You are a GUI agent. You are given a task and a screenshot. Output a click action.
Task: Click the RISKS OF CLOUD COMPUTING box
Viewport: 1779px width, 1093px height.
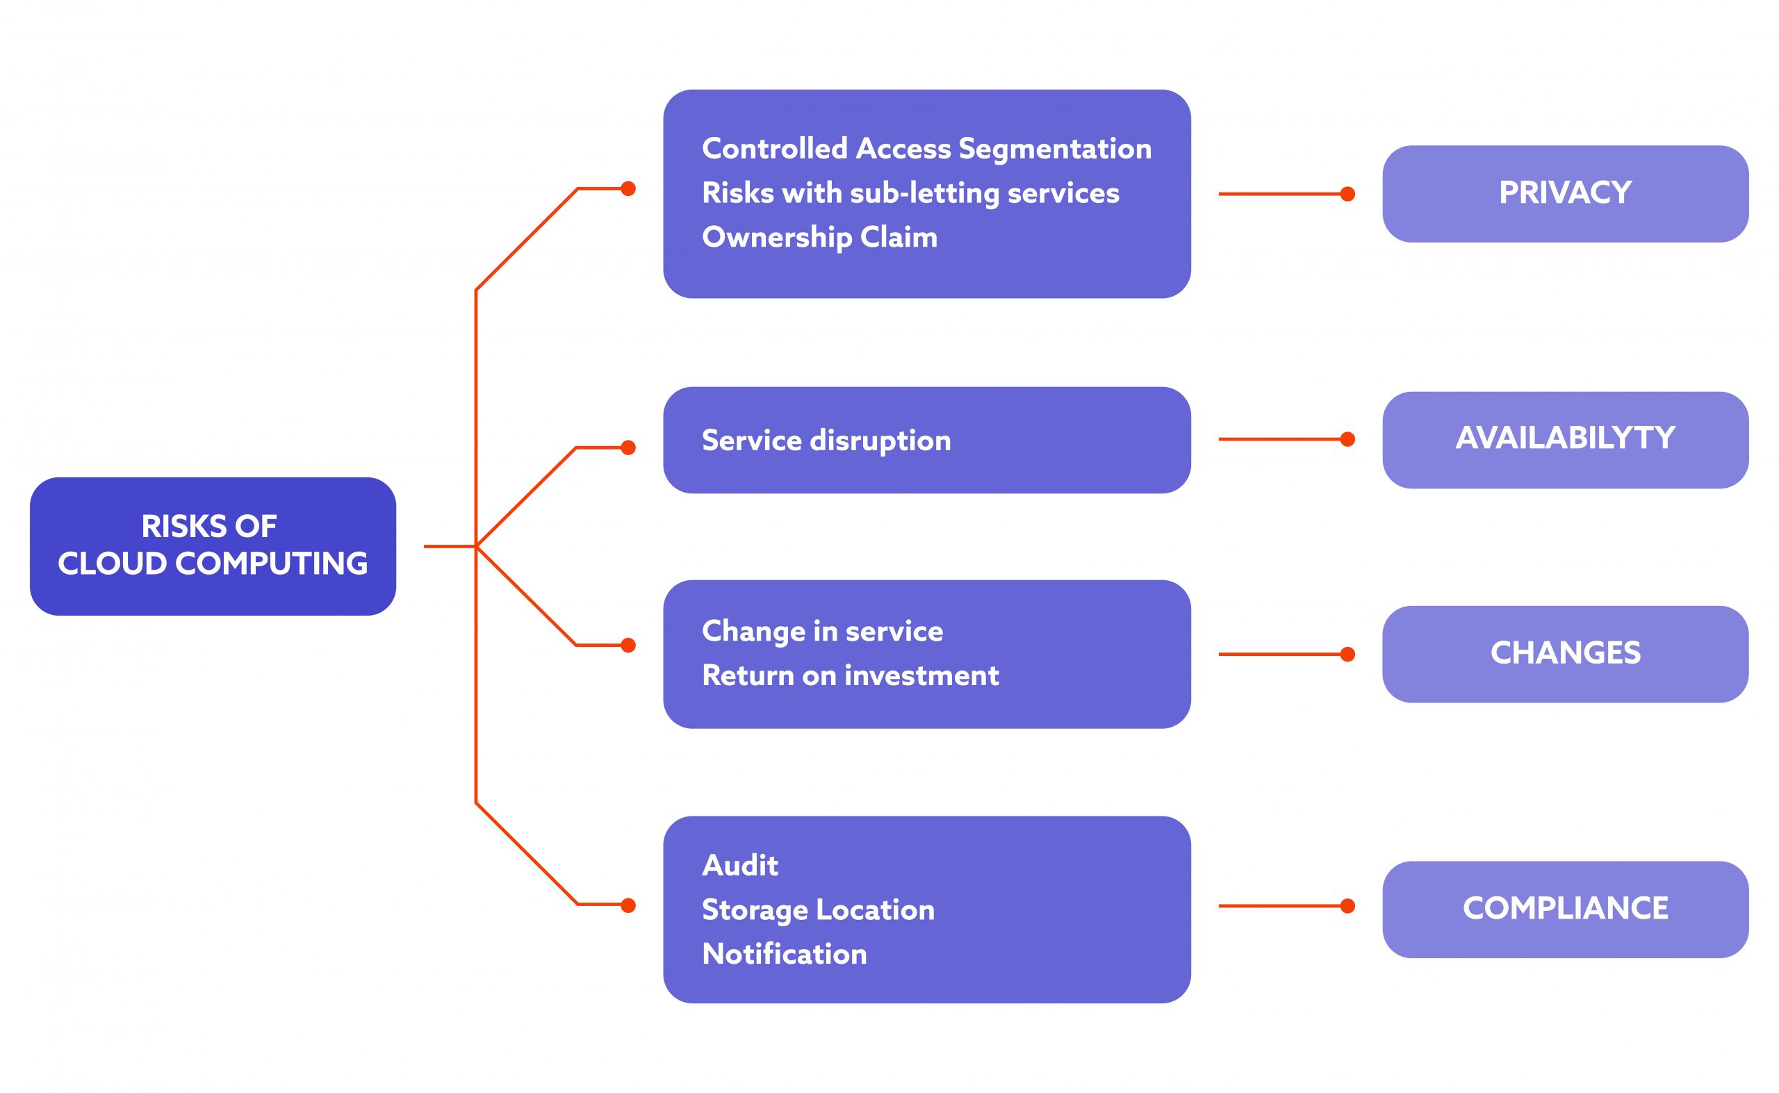tap(213, 545)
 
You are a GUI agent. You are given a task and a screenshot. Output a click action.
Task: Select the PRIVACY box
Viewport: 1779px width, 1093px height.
tap(1564, 193)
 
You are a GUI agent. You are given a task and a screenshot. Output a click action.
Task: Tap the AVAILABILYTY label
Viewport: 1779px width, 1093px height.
tap(1564, 438)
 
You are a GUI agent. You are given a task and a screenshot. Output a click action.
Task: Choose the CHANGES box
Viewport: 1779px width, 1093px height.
tap(1564, 653)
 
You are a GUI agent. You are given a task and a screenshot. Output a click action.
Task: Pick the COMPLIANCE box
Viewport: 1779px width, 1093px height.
tap(1564, 909)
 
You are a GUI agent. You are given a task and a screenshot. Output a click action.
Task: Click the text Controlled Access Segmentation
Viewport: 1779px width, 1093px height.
tap(926, 148)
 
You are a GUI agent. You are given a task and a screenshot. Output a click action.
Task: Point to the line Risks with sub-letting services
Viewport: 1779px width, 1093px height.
tap(910, 193)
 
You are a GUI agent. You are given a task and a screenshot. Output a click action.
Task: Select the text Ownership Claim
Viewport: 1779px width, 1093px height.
tap(819, 237)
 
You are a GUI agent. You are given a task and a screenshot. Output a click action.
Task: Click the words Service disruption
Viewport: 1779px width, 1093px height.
tap(826, 441)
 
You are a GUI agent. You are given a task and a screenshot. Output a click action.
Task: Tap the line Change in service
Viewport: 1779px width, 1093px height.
tap(822, 631)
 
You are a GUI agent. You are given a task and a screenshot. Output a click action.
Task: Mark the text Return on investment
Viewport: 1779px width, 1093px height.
tap(850, 675)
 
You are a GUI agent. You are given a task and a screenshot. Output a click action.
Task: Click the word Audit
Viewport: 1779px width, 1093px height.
tap(739, 865)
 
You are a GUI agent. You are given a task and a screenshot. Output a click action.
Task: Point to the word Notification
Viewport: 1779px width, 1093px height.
tap(784, 954)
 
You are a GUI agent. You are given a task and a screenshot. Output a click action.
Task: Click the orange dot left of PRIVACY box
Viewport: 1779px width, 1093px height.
tap(1347, 194)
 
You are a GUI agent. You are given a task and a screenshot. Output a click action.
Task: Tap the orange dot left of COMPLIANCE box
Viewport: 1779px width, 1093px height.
tap(1347, 906)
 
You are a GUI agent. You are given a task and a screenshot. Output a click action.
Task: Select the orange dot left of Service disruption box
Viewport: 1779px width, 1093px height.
tap(628, 447)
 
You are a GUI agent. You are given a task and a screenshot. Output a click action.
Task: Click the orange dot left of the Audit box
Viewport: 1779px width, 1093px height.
tap(628, 905)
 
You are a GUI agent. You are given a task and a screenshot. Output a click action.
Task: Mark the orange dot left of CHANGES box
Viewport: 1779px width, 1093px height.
tap(1347, 655)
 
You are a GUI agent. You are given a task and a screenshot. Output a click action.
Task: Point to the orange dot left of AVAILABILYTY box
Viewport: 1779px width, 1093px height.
tap(1347, 438)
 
